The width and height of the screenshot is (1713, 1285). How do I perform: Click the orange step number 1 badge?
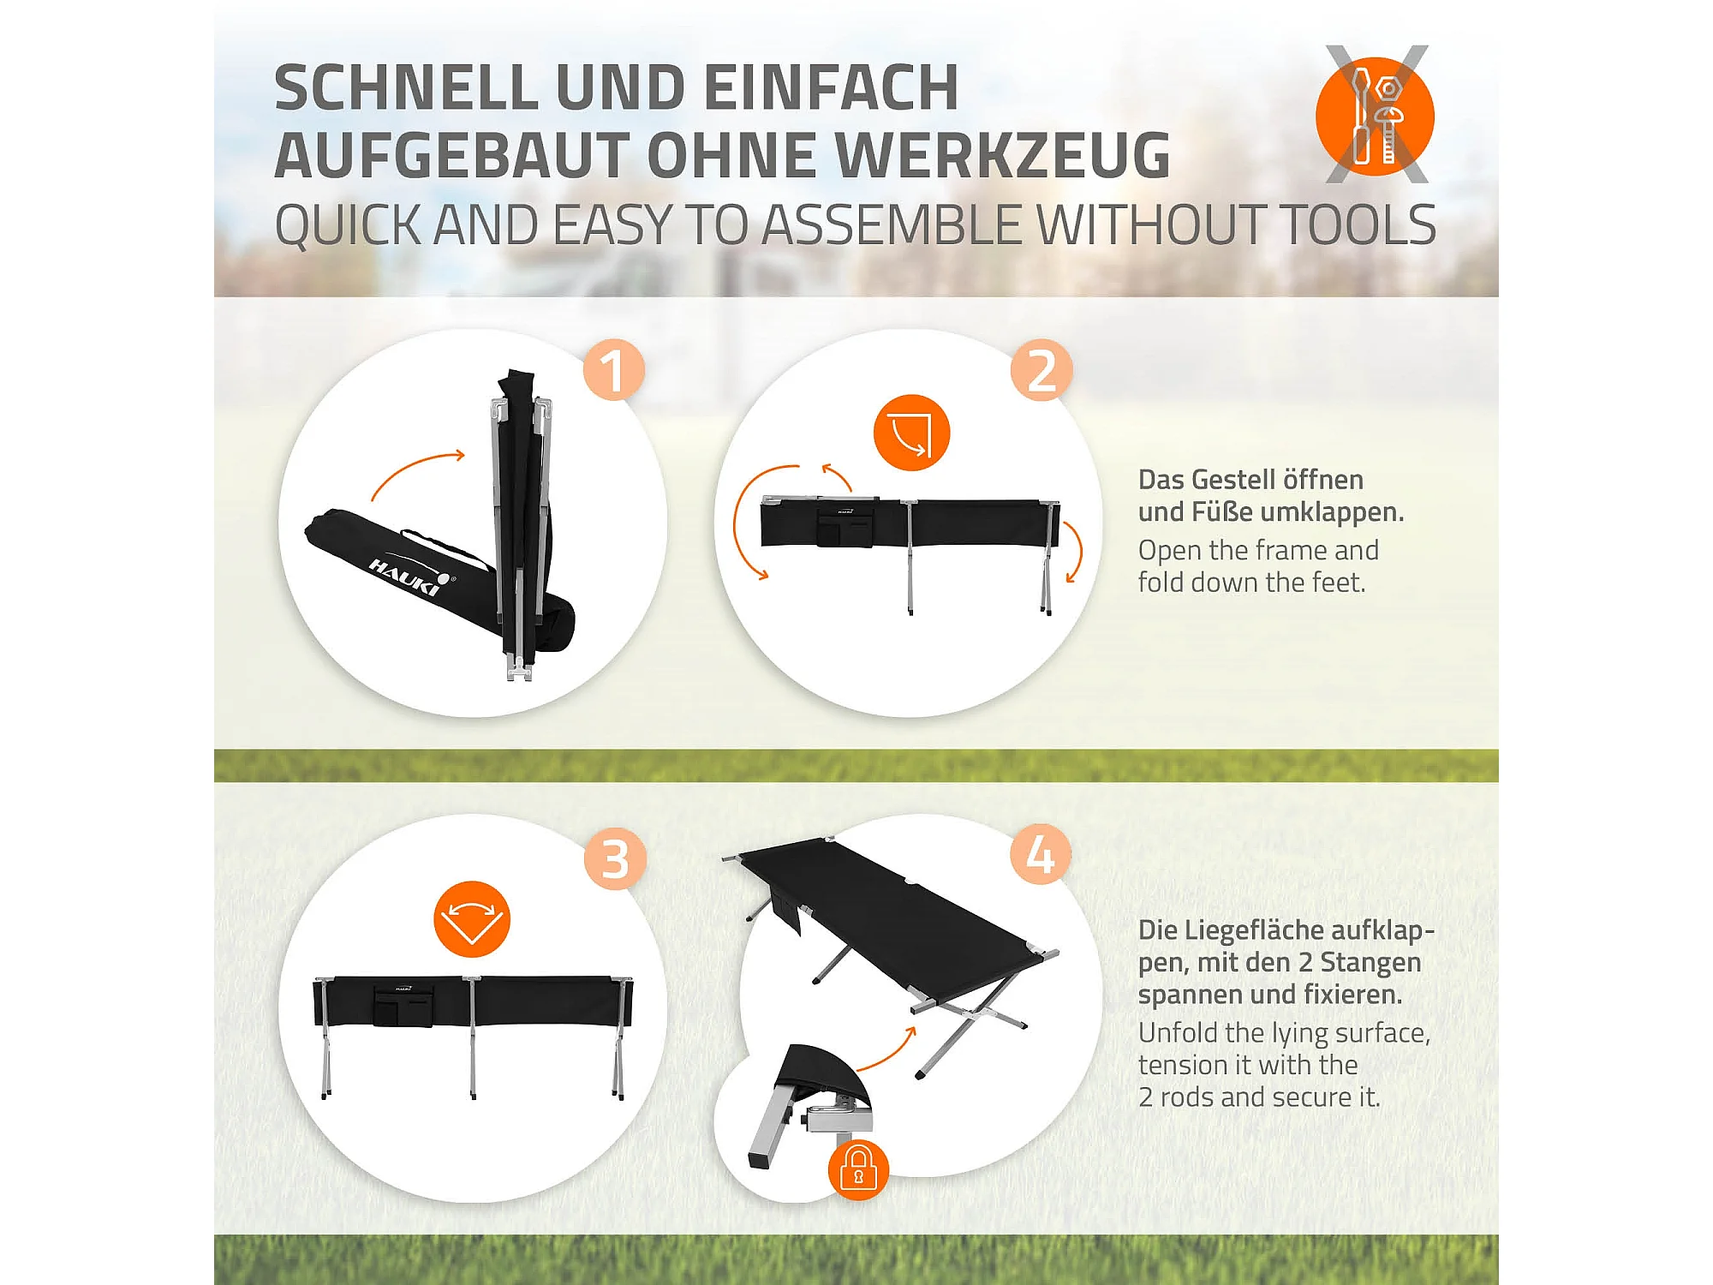[613, 369]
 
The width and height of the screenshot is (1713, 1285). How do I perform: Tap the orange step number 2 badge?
[1041, 369]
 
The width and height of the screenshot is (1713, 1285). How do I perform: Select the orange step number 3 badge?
[615, 858]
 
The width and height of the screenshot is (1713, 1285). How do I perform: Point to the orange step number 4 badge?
[1041, 854]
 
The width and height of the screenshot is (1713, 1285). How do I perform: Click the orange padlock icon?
[858, 1169]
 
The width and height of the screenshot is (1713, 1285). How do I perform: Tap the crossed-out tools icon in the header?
[1376, 114]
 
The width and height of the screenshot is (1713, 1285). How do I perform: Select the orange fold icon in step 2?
[911, 432]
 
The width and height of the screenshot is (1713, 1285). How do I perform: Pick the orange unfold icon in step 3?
[472, 918]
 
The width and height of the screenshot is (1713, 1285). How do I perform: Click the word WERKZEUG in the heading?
[1003, 155]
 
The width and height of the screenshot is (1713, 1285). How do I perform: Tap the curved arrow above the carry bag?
[418, 474]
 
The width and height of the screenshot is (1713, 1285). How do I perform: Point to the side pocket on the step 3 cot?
[403, 1006]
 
